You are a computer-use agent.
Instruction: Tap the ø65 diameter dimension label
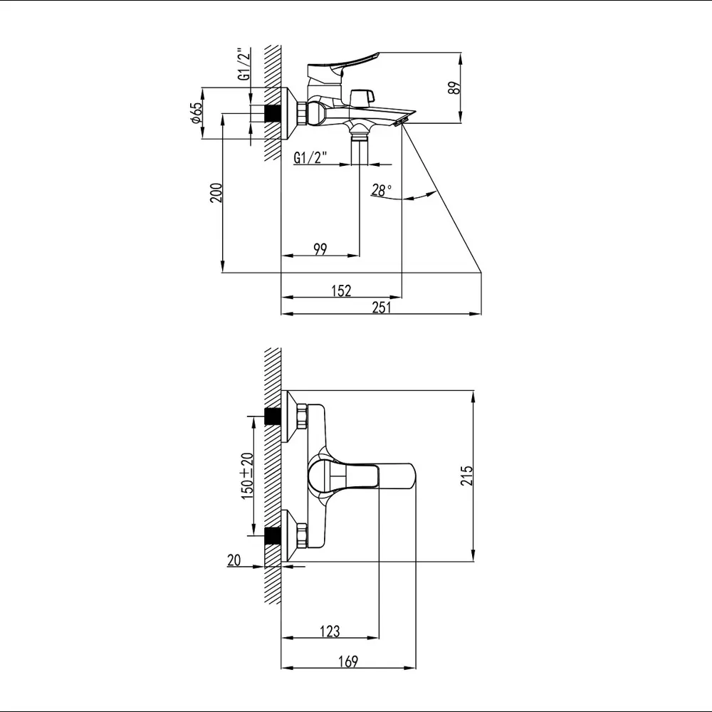coord(197,113)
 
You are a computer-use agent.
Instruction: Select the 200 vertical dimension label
coord(216,193)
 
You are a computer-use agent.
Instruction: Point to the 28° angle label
coord(382,190)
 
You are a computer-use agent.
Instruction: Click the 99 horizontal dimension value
coord(320,248)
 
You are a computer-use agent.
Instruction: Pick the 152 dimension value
coord(341,290)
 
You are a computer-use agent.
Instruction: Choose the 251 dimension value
coord(382,307)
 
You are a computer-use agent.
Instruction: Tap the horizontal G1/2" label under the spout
coord(310,158)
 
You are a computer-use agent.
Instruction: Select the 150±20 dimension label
coord(247,475)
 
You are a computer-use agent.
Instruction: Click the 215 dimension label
coord(466,476)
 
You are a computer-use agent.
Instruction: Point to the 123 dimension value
coord(329,631)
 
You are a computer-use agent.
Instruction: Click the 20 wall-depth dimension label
coord(234,560)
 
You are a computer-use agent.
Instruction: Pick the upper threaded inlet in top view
coord(271,416)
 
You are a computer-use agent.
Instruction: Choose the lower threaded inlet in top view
coord(271,535)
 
